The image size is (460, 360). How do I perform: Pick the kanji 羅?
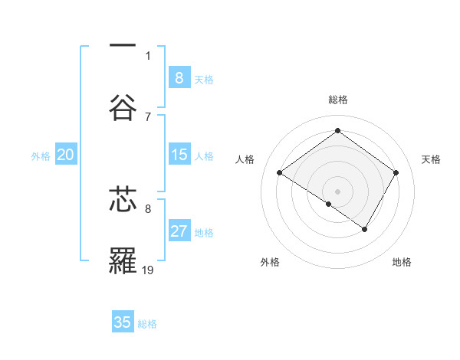(x=123, y=260)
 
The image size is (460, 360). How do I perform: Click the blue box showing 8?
(x=179, y=77)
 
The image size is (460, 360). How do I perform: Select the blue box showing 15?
(x=179, y=155)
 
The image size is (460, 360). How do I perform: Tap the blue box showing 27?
(x=179, y=231)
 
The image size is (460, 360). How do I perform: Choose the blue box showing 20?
(x=66, y=155)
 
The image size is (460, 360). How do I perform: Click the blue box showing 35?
(x=123, y=322)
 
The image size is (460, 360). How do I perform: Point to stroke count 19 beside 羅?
(x=148, y=270)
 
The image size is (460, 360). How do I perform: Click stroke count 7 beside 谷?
(x=148, y=116)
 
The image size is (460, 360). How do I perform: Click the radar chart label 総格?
(x=337, y=100)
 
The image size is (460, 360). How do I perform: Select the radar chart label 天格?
(x=431, y=159)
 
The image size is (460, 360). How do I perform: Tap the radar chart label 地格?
(x=402, y=262)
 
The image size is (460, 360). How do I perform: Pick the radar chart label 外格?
(x=270, y=262)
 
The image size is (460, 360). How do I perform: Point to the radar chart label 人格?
(x=245, y=159)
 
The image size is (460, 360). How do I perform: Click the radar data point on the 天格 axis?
(x=396, y=173)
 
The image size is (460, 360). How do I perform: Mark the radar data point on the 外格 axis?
(x=329, y=204)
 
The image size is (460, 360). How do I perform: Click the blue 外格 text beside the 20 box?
(x=41, y=156)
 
